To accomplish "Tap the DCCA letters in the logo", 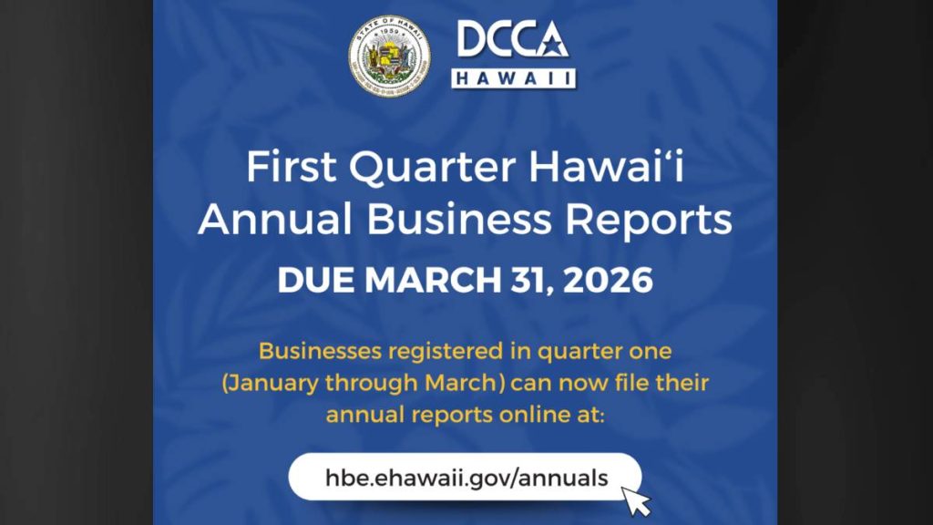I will [x=513, y=41].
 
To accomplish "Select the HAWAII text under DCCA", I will [x=514, y=78].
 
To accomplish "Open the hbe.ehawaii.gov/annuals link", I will [x=466, y=477].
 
